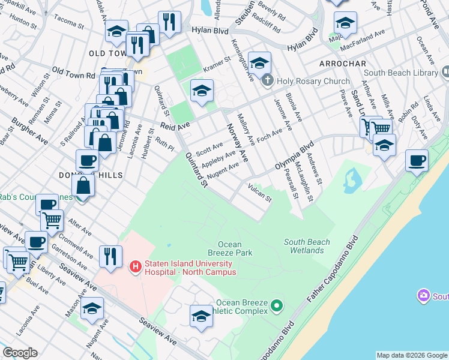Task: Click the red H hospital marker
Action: coord(136,265)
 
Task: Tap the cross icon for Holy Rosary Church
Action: coord(268,80)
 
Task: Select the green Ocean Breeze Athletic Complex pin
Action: coord(276,306)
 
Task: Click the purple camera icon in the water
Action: coord(424,295)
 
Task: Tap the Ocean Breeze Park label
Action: coord(229,248)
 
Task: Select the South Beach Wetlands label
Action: coord(307,246)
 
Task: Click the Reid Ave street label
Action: coord(175,125)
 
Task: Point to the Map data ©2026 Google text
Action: coord(412,355)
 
